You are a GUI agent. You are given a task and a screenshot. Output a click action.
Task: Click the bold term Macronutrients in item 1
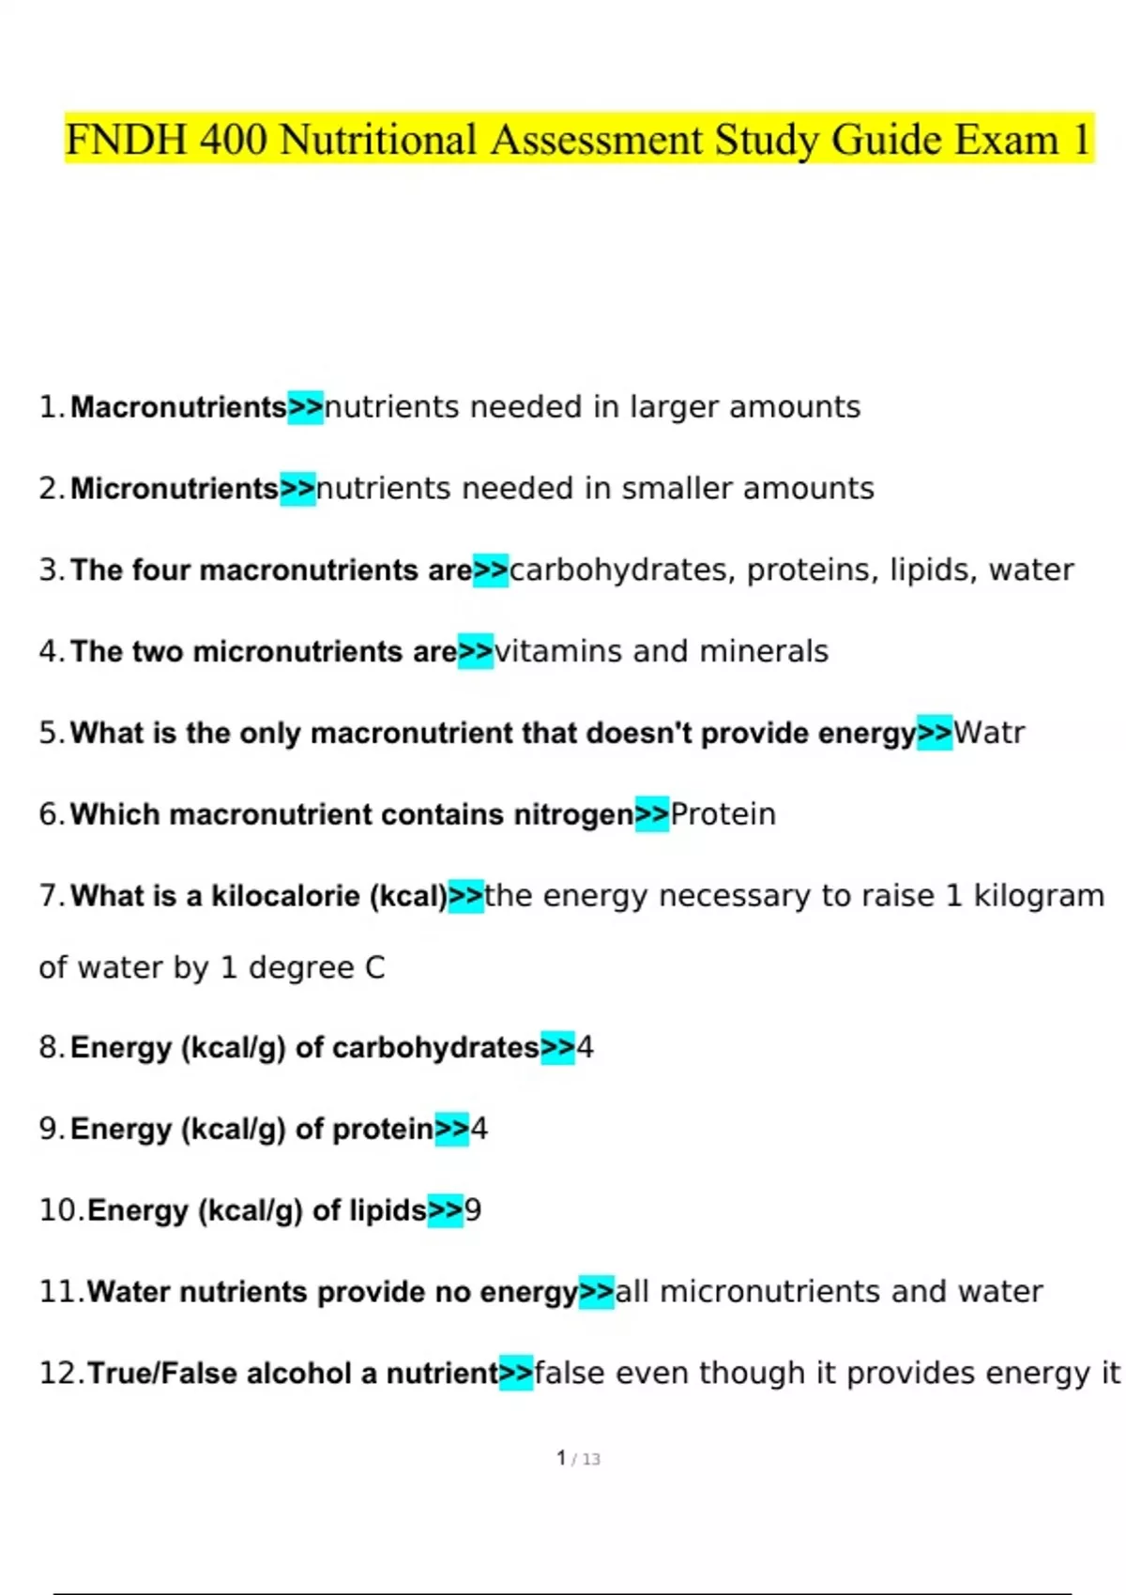[178, 407]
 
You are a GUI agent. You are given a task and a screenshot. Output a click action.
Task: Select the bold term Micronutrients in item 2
[175, 489]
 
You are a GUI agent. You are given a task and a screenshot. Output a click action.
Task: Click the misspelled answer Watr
[989, 733]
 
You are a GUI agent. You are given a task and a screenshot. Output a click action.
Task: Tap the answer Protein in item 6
[723, 814]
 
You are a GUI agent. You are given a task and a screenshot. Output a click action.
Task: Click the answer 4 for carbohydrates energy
[585, 1048]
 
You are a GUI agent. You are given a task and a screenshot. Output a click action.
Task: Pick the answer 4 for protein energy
[479, 1129]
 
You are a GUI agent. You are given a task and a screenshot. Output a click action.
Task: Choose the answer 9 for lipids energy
[473, 1210]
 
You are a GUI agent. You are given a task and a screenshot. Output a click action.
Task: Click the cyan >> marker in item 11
[597, 1292]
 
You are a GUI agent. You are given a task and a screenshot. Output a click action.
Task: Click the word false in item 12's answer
[570, 1374]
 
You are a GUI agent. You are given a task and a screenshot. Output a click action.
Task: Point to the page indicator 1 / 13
[578, 1458]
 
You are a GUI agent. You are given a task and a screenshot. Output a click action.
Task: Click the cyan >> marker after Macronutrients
[305, 407]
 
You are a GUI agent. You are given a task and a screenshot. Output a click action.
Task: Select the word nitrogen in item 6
[573, 814]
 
